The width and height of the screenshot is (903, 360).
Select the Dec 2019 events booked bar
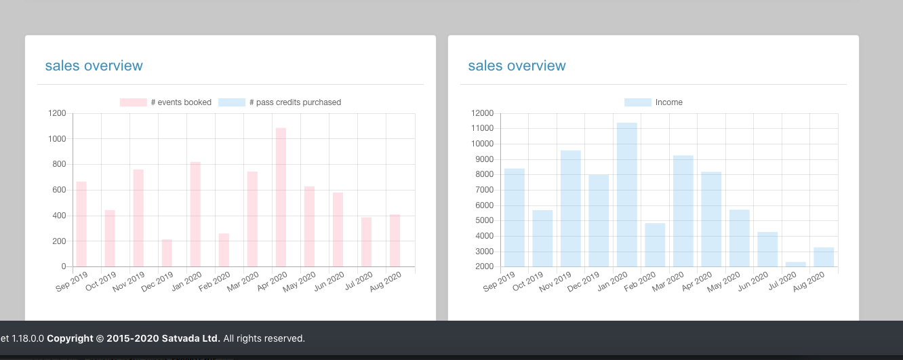(167, 253)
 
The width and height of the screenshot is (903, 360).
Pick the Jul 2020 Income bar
(796, 264)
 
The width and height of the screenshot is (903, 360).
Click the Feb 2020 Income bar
(655, 245)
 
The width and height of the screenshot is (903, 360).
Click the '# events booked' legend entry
(165, 102)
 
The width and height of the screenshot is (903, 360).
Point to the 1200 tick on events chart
(57, 113)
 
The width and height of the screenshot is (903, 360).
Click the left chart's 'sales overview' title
(94, 66)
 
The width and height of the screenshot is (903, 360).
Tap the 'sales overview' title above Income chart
(517, 66)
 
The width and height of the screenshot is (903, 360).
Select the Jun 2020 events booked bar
(338, 229)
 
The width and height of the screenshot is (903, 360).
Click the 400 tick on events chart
(60, 216)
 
